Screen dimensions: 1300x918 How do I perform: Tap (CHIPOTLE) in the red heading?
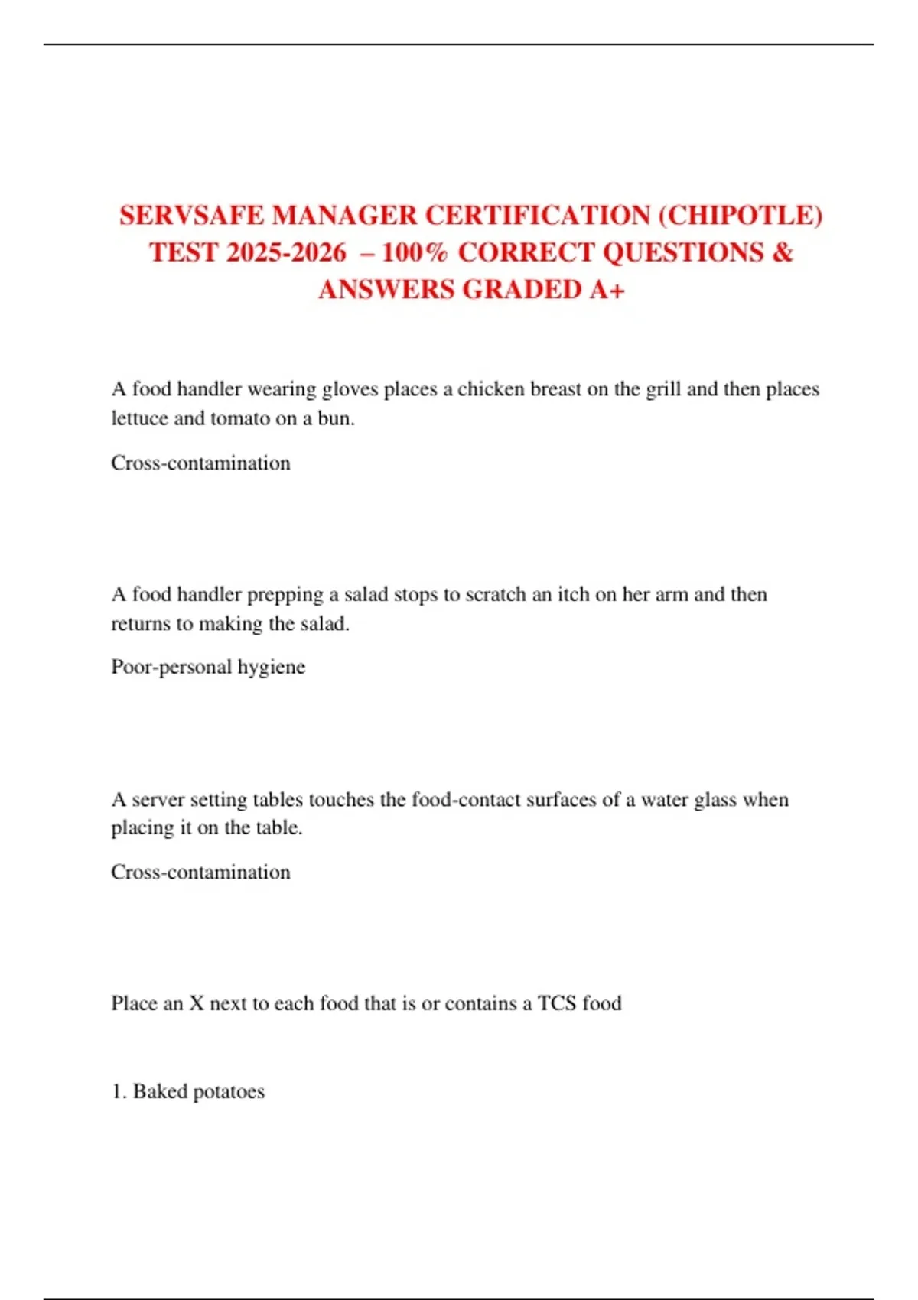click(741, 216)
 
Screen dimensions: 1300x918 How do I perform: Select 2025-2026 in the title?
click(286, 252)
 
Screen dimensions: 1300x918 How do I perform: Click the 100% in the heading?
click(414, 252)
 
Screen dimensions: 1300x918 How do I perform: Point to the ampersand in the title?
click(783, 252)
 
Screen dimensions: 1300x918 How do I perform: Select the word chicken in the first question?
click(491, 389)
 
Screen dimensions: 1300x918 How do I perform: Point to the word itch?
click(573, 594)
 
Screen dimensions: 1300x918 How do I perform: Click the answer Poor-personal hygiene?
click(208, 667)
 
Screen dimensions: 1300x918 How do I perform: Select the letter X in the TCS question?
click(197, 1003)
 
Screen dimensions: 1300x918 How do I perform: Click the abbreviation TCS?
click(556, 1003)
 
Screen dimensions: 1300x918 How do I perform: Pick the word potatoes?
click(229, 1091)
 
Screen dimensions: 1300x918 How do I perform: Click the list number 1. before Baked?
click(119, 1091)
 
